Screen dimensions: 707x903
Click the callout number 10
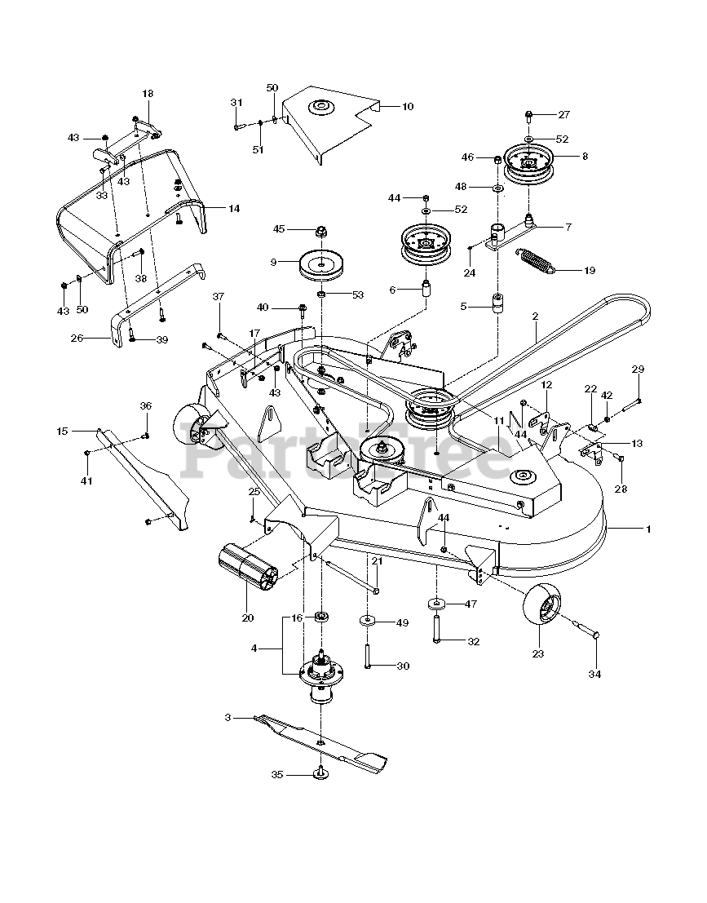tap(408, 107)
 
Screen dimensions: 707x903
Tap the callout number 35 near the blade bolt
tap(277, 775)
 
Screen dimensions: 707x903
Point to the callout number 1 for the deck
tap(648, 529)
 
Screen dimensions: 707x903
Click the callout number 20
tap(248, 618)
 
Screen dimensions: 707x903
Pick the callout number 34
tap(594, 673)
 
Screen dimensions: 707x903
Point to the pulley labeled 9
tap(318, 265)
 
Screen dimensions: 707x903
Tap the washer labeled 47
tap(437, 604)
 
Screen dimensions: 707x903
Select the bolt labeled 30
tap(367, 655)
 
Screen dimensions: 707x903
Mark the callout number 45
tap(279, 228)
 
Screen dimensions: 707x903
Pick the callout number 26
tap(77, 338)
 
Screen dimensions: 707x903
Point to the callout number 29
tap(638, 370)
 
